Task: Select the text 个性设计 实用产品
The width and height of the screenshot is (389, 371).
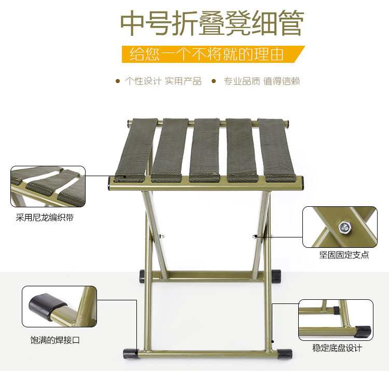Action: (x=163, y=81)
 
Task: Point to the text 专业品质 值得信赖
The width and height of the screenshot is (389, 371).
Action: (x=261, y=81)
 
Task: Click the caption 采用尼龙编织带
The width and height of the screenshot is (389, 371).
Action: (x=45, y=218)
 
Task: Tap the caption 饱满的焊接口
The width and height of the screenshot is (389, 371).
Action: (x=55, y=341)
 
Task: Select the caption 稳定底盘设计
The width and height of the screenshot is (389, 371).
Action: (x=337, y=348)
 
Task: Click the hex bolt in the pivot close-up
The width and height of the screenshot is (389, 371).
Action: (x=343, y=227)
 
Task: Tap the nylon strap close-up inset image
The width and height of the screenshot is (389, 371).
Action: (x=48, y=186)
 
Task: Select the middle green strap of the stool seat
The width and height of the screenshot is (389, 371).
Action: (x=210, y=150)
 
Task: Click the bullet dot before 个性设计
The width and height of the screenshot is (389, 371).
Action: (x=117, y=81)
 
